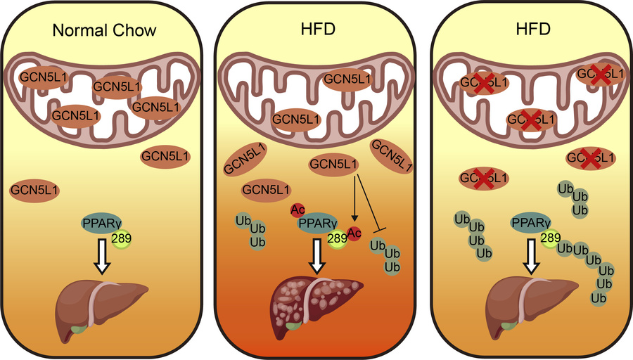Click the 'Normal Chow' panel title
tap(103, 32)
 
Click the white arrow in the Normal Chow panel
tap(104, 255)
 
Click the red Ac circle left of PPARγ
tap(297, 210)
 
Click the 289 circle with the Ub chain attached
tap(550, 239)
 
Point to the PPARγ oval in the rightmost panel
tap(532, 224)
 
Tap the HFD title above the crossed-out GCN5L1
tap(532, 32)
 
